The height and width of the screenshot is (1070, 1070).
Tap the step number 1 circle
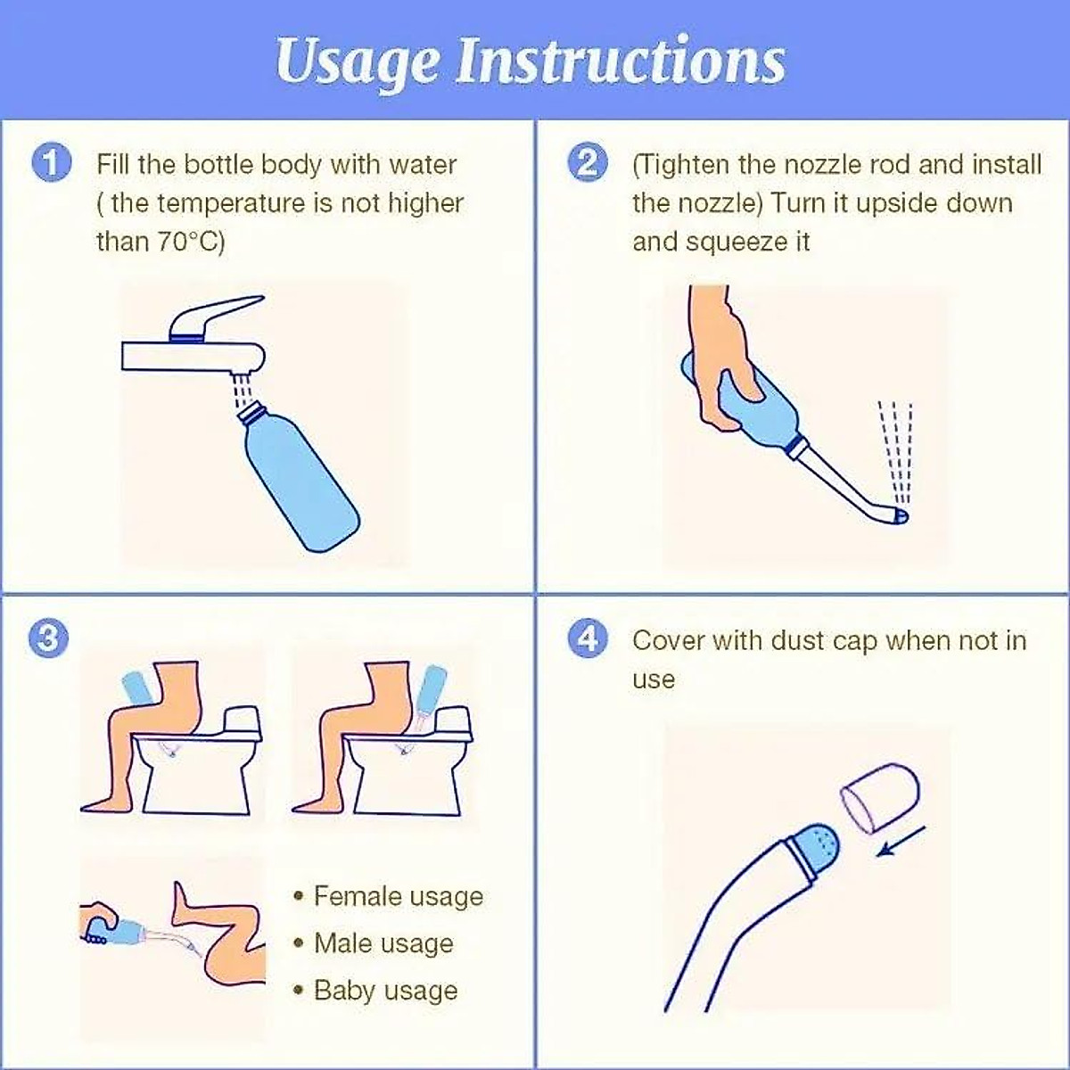[52, 164]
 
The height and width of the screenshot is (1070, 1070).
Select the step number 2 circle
[588, 164]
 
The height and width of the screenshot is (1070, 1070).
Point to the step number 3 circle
[48, 638]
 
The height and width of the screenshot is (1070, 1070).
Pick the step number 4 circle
[588, 638]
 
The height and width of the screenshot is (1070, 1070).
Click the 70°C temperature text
[187, 243]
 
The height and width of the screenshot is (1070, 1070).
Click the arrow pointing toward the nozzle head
[901, 849]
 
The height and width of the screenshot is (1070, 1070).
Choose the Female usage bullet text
[398, 896]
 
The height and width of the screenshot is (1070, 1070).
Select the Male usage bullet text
[383, 943]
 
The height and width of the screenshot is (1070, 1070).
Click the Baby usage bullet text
[386, 991]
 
